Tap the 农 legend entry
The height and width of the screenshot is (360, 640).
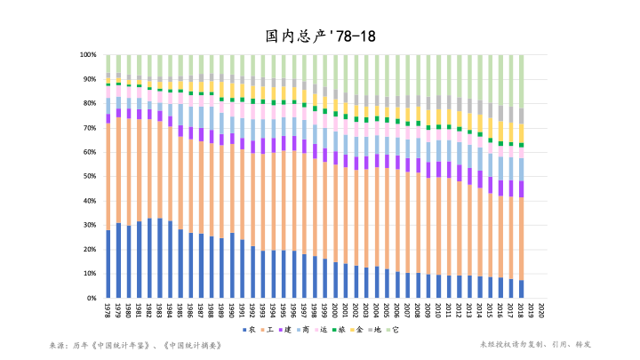[252, 330]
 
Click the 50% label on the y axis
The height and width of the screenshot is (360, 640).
[90, 176]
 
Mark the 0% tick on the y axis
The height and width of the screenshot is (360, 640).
[92, 297]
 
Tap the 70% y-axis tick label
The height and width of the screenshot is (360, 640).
[90, 128]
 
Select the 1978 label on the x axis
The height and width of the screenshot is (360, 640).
[108, 310]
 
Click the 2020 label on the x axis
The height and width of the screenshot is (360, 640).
[542, 310]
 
